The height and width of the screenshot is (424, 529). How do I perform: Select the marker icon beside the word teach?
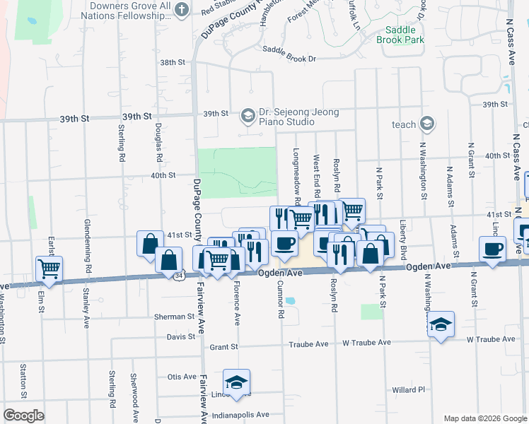pyautogui.click(x=426, y=124)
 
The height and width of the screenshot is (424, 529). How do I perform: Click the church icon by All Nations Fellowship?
pyautogui.click(x=182, y=9)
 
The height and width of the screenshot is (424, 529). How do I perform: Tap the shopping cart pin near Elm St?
pyautogui.click(x=49, y=268)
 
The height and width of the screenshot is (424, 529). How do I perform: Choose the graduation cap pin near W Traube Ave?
pyautogui.click(x=441, y=324)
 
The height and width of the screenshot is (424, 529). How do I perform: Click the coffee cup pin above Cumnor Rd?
pyautogui.click(x=285, y=244)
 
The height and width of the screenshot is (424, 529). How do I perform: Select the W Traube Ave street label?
pyautogui.click(x=366, y=343)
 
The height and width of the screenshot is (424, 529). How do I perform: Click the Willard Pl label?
pyautogui.click(x=408, y=389)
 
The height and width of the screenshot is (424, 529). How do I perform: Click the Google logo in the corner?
pyautogui.click(x=23, y=416)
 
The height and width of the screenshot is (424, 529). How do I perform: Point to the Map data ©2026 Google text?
pyautogui.click(x=484, y=418)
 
